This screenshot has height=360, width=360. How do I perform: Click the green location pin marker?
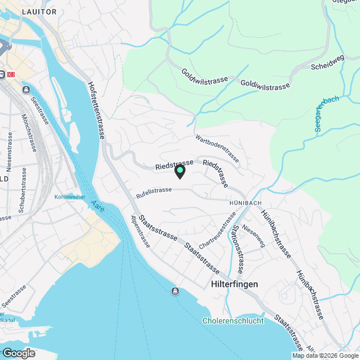click(x=180, y=171)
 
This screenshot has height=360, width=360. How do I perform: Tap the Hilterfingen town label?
click(x=235, y=284)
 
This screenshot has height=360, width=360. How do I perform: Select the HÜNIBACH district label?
click(x=243, y=202)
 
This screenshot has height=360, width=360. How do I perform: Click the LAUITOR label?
click(x=39, y=11)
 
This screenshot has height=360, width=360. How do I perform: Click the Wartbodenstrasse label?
click(x=217, y=148)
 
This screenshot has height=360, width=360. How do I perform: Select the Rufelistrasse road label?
click(x=154, y=193)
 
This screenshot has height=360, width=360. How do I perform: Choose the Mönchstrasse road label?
click(x=29, y=133)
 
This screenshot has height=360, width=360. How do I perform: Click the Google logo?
click(x=19, y=353)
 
